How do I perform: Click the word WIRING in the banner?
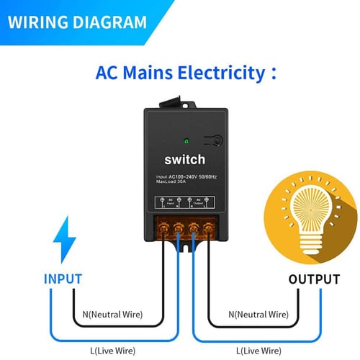click(37, 22)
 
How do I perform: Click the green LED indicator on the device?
click(187, 141)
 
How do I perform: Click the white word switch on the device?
click(184, 160)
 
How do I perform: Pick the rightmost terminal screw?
click(209, 231)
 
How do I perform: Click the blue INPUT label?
click(63, 279)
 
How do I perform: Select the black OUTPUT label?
click(314, 279)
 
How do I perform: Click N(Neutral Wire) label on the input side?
click(113, 315)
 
